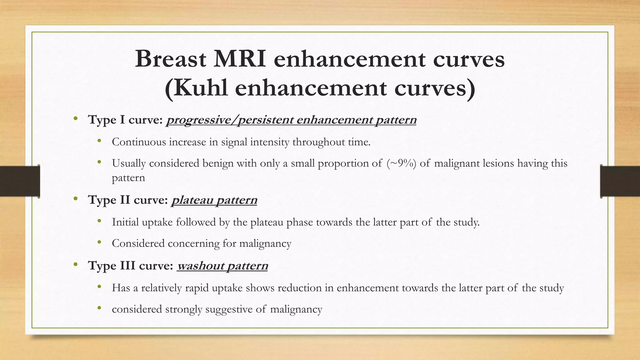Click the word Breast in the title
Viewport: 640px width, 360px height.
click(x=171, y=59)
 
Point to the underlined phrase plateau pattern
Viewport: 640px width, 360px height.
click(x=214, y=200)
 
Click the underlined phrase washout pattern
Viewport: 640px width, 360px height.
click(x=222, y=266)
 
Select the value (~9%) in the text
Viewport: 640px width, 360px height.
click(x=401, y=163)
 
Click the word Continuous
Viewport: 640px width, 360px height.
click(x=139, y=142)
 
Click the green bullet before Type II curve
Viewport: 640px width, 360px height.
click(x=75, y=198)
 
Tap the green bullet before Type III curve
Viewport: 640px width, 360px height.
click(x=75, y=264)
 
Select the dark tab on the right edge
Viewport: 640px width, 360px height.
click(x=620, y=181)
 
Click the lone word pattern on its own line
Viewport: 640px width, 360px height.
click(x=128, y=178)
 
